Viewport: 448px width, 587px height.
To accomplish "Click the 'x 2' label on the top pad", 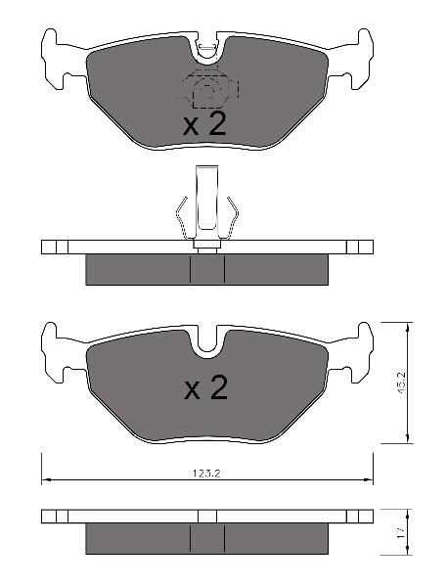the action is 204,124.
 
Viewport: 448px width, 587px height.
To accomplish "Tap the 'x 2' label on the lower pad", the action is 205,388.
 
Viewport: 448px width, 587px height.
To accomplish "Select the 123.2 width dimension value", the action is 206,474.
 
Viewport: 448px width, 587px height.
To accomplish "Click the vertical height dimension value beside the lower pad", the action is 400,384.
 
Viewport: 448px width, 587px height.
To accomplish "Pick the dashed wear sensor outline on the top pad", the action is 208,88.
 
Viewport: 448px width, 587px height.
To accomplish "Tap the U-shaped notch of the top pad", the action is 206,49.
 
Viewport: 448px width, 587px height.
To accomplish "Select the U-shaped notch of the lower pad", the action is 207,342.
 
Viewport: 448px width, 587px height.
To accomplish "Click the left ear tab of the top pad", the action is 60,59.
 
